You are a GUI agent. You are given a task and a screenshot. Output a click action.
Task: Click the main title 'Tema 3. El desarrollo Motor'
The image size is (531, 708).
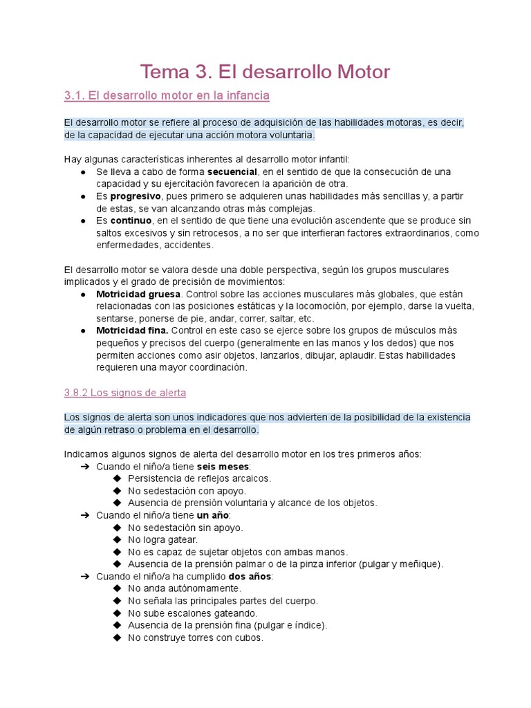265,71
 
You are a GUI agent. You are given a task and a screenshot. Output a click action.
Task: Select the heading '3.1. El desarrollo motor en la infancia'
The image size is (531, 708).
167,95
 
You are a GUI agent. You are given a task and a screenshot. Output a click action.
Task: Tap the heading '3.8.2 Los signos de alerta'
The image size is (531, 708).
124,393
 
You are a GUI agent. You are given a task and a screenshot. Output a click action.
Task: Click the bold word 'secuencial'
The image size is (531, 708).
232,171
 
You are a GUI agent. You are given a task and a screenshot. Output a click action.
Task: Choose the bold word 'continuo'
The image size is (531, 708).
131,221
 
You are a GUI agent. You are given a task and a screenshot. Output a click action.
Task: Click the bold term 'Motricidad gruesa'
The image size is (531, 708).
137,294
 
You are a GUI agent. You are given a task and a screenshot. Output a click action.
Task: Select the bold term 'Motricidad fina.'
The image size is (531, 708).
132,331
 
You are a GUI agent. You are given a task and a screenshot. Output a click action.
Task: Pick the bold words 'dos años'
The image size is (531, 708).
250,577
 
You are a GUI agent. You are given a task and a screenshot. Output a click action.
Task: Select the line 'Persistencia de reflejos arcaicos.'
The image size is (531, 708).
199,478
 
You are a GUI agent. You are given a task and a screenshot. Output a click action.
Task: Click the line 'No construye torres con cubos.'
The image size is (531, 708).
196,638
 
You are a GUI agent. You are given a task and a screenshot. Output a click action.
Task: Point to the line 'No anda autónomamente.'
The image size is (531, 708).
185,588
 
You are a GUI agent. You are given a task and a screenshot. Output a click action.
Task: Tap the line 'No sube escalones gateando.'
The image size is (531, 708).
193,613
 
